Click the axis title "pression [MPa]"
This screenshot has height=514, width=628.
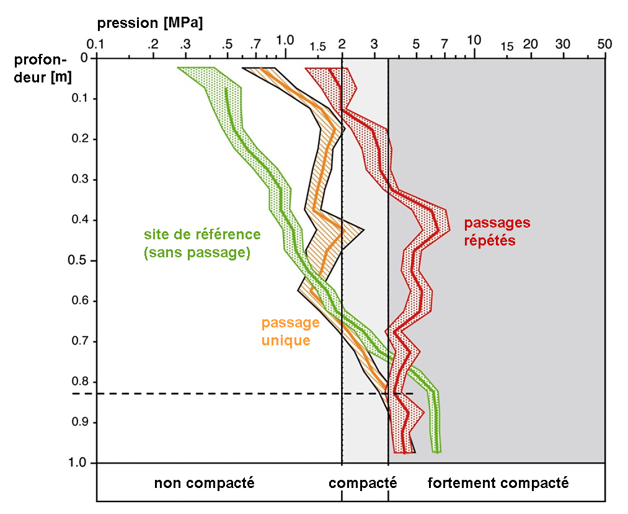pyautogui.click(x=150, y=24)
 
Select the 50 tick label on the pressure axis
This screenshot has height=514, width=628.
pyautogui.click(x=604, y=44)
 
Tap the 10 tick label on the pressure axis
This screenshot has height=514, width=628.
pyautogui.click(x=474, y=40)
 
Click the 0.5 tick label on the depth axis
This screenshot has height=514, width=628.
pyautogui.click(x=77, y=260)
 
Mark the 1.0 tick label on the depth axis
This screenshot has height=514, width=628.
pyautogui.click(x=77, y=463)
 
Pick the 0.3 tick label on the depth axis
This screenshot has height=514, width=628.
pyautogui.click(x=77, y=179)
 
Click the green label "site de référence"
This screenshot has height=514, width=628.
pyautogui.click(x=202, y=234)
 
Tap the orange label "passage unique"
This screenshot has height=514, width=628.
pyautogui.click(x=290, y=331)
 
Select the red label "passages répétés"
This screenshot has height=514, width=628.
pyautogui.click(x=497, y=231)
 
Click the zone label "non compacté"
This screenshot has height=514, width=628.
pyautogui.click(x=204, y=483)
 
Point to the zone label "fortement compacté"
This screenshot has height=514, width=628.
pyautogui.click(x=498, y=483)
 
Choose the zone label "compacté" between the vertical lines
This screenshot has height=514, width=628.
pyautogui.click(x=363, y=483)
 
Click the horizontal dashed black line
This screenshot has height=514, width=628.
pyautogui.click(x=248, y=393)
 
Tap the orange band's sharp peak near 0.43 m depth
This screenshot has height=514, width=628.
pyautogui.click(x=363, y=231)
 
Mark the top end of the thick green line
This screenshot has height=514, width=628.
pyautogui.click(x=226, y=89)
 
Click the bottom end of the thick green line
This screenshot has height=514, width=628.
pyautogui.click(x=438, y=451)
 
